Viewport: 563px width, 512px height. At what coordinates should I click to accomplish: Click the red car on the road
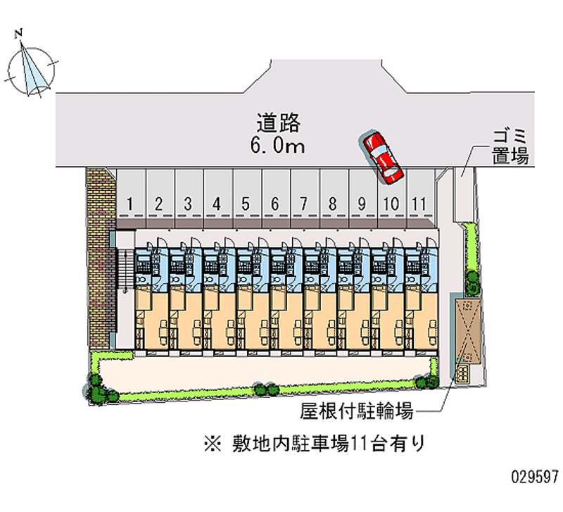pyautogui.click(x=382, y=158)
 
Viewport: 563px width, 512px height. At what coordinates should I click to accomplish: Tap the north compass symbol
pyautogui.click(x=31, y=70)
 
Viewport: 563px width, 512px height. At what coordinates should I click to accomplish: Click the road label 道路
pyautogui.click(x=278, y=123)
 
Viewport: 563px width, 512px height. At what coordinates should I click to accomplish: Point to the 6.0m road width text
pyautogui.click(x=277, y=146)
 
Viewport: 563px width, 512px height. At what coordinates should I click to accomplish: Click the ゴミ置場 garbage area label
pyautogui.click(x=510, y=146)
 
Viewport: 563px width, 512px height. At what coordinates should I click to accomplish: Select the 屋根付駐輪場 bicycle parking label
pyautogui.click(x=357, y=411)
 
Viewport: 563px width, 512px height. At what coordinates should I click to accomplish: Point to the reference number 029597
pyautogui.click(x=535, y=477)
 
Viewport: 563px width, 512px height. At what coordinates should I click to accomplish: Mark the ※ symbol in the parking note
pyautogui.click(x=213, y=444)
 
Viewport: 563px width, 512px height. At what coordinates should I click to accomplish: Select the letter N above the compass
pyautogui.click(x=19, y=34)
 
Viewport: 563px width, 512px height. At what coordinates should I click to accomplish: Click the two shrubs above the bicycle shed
pyautogui.click(x=472, y=282)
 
